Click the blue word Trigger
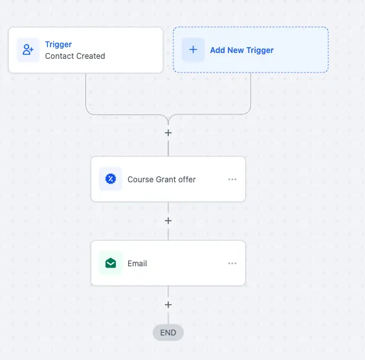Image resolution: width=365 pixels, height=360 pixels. pyautogui.click(x=58, y=44)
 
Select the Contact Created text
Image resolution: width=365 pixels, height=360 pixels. pyautogui.click(x=75, y=56)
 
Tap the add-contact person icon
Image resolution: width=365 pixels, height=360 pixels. pyautogui.click(x=28, y=50)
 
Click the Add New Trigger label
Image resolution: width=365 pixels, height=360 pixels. pyautogui.click(x=242, y=50)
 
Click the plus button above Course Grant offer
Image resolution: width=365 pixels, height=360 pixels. pyautogui.click(x=168, y=133)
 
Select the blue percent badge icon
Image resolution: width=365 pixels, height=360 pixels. pyautogui.click(x=111, y=179)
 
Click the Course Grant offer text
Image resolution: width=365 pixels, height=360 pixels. pyautogui.click(x=162, y=180)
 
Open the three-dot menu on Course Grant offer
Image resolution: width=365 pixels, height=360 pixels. pyautogui.click(x=232, y=179)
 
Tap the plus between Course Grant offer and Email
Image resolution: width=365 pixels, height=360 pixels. pyautogui.click(x=168, y=221)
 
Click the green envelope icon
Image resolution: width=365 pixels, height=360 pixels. pyautogui.click(x=111, y=263)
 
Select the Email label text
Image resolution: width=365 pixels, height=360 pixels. pyautogui.click(x=137, y=263)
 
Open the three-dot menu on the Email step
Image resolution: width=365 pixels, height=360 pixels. pyautogui.click(x=232, y=263)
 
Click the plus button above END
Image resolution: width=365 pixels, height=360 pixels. pyautogui.click(x=168, y=304)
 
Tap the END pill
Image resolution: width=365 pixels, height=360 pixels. pyautogui.click(x=168, y=333)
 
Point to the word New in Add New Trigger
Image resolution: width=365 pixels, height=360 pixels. pyautogui.click(x=236, y=50)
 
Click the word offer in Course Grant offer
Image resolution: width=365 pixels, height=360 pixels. pyautogui.click(x=187, y=180)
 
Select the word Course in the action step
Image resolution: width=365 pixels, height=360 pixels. pyautogui.click(x=140, y=180)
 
